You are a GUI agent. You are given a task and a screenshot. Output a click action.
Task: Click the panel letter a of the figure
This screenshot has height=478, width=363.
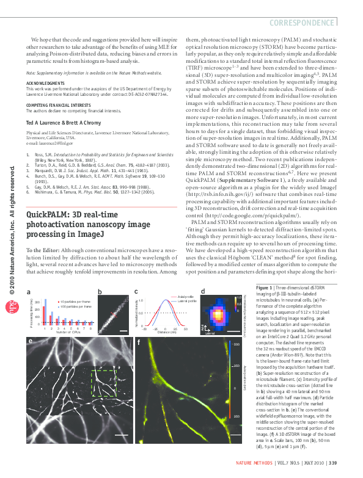pyautogui.click(x=28, y=292)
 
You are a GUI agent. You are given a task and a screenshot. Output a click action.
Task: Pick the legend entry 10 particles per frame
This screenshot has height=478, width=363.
pyautogui.click(x=73, y=302)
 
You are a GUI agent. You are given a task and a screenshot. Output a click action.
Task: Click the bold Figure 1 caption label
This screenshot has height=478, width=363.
pyautogui.click(x=264, y=287)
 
